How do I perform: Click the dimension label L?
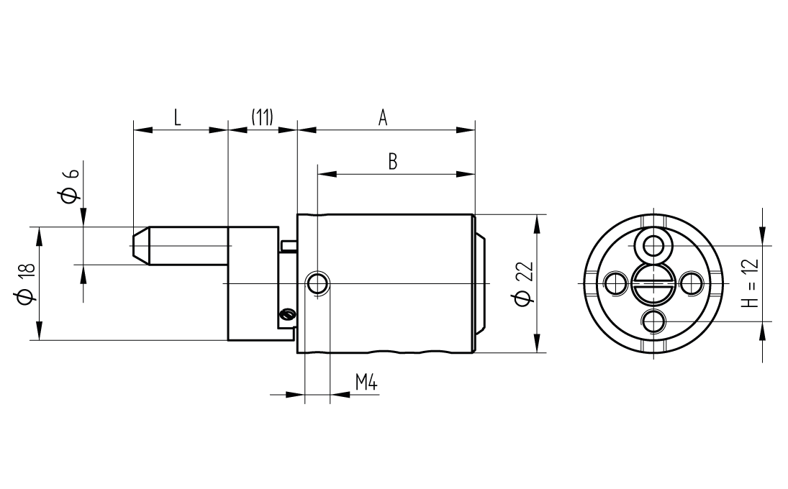click(177, 117)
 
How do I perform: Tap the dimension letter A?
click(383, 117)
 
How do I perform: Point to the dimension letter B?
click(393, 162)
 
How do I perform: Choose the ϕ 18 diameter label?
click(26, 283)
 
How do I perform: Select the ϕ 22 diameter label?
click(524, 283)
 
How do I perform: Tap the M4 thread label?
click(366, 383)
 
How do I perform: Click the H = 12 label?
click(750, 283)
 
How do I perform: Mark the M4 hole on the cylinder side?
click(318, 283)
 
